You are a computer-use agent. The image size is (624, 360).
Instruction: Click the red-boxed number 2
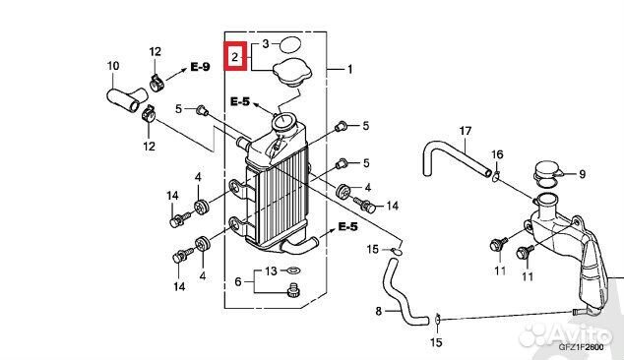(235, 57)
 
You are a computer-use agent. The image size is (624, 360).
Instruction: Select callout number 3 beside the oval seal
(266, 43)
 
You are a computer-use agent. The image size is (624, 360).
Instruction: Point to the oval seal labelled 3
(290, 45)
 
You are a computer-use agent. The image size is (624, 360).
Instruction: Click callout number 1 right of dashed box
(349, 69)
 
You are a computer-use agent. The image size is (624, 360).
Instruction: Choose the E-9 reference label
(200, 67)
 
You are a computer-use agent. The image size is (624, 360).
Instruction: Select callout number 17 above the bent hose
(466, 131)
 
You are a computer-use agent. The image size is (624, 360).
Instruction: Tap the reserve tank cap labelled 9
(547, 174)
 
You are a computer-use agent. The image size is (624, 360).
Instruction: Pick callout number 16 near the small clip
(497, 154)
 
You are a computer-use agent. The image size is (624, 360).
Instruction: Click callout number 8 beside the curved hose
(379, 311)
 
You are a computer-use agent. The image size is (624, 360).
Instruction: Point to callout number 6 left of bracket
(238, 281)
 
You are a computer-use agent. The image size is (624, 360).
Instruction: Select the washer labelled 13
(293, 270)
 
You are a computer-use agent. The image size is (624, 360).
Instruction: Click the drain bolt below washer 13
(293, 290)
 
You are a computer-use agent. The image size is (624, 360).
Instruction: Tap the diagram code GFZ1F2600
(581, 347)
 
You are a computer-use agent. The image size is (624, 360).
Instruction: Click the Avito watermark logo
(566, 333)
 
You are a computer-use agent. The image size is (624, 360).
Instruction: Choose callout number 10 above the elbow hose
(113, 66)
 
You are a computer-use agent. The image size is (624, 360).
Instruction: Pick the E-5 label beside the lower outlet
(347, 227)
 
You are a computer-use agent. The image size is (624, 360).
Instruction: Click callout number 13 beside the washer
(271, 270)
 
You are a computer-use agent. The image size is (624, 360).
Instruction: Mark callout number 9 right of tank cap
(582, 174)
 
